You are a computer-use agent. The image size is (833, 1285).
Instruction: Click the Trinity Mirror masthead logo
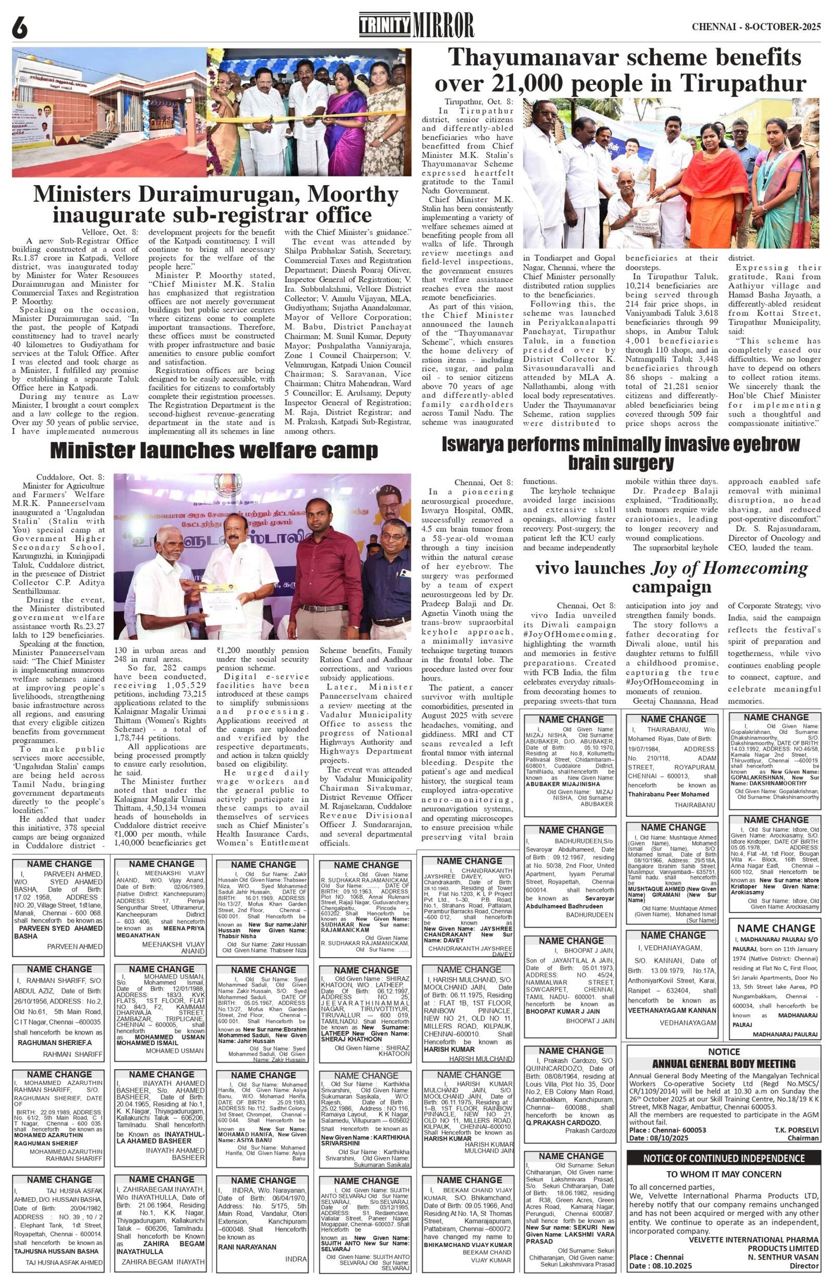click(x=416, y=25)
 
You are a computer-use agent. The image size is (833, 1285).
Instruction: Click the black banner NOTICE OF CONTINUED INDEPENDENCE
click(x=723, y=1154)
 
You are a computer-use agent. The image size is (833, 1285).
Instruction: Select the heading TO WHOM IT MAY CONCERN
click(x=723, y=1170)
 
